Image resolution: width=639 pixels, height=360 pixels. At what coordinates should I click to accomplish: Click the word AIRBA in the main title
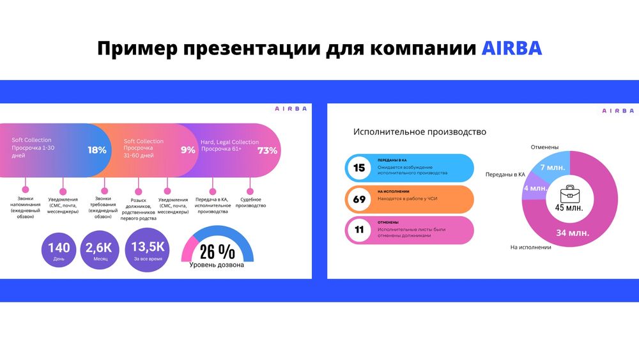coord(511,49)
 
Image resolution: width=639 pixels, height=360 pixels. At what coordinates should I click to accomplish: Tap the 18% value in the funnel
coord(97,150)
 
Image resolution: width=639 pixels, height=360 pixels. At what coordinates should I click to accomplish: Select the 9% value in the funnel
coord(188,150)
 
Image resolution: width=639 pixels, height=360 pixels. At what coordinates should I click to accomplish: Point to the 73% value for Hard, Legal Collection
coord(267,151)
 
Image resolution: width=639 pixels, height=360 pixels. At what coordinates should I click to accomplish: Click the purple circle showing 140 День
coord(59,252)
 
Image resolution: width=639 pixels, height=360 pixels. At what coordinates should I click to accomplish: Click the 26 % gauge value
coord(217,251)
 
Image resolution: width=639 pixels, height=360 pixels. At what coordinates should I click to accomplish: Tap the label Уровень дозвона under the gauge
coord(217,265)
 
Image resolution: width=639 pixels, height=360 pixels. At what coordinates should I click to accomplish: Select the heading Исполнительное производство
coord(420,132)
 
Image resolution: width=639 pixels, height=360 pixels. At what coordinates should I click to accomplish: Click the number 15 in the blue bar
coord(359,168)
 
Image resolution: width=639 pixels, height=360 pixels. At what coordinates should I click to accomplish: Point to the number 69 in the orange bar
coord(359,200)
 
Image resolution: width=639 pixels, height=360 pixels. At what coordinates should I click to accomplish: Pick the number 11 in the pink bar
coord(359,230)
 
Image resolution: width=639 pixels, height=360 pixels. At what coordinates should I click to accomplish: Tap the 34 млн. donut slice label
coord(571,233)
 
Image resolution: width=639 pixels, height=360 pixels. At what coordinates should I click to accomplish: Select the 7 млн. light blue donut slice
coord(551,168)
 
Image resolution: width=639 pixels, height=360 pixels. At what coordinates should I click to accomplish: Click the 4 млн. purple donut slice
coord(535,189)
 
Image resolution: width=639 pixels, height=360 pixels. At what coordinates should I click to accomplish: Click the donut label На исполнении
coord(530,247)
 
